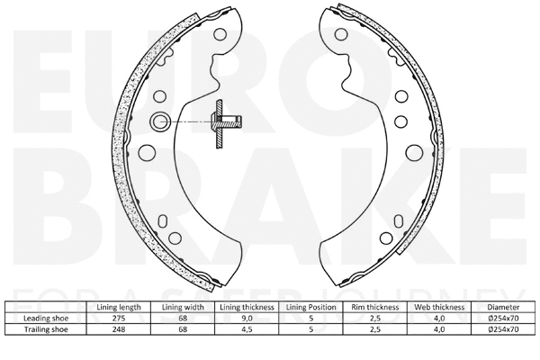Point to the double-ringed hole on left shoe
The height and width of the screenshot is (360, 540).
pyautogui.click(x=161, y=121)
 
